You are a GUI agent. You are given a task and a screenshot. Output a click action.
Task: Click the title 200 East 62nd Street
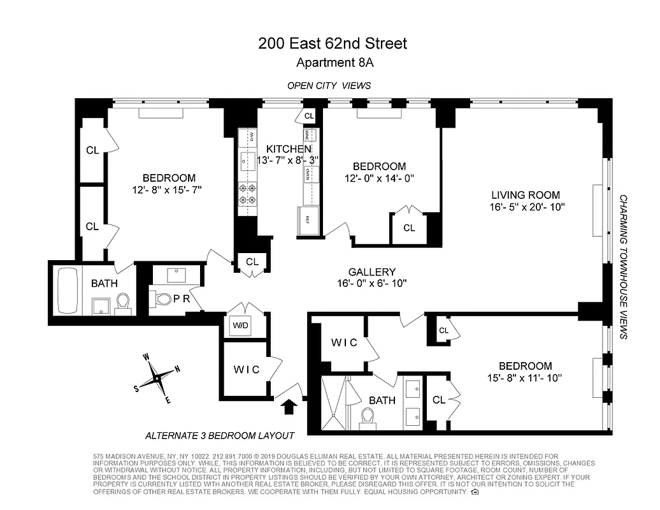click(x=332, y=43)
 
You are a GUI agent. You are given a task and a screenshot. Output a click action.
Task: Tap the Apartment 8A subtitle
click(x=332, y=62)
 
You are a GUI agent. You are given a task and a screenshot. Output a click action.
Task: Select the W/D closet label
click(x=240, y=326)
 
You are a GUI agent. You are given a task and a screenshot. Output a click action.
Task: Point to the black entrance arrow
click(x=289, y=406)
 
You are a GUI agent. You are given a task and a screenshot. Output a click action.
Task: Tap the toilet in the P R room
click(x=165, y=298)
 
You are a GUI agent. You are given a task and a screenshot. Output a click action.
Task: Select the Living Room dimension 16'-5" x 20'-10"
click(x=525, y=207)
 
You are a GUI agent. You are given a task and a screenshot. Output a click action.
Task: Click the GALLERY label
click(x=372, y=272)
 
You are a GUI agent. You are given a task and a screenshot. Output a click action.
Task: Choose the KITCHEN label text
click(x=289, y=149)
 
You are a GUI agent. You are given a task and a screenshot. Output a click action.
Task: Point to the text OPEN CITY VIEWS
click(x=329, y=85)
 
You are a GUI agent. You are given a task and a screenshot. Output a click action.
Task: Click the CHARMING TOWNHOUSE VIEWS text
click(x=624, y=266)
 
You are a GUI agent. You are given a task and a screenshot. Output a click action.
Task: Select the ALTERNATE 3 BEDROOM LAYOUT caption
click(x=220, y=436)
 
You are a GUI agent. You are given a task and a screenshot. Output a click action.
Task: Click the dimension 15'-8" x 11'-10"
click(x=525, y=377)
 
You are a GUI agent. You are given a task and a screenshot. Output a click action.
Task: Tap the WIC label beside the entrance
click(x=246, y=370)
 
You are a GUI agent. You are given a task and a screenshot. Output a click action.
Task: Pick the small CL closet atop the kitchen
click(x=309, y=116)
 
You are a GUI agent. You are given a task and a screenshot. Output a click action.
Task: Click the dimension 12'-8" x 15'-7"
click(x=169, y=189)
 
